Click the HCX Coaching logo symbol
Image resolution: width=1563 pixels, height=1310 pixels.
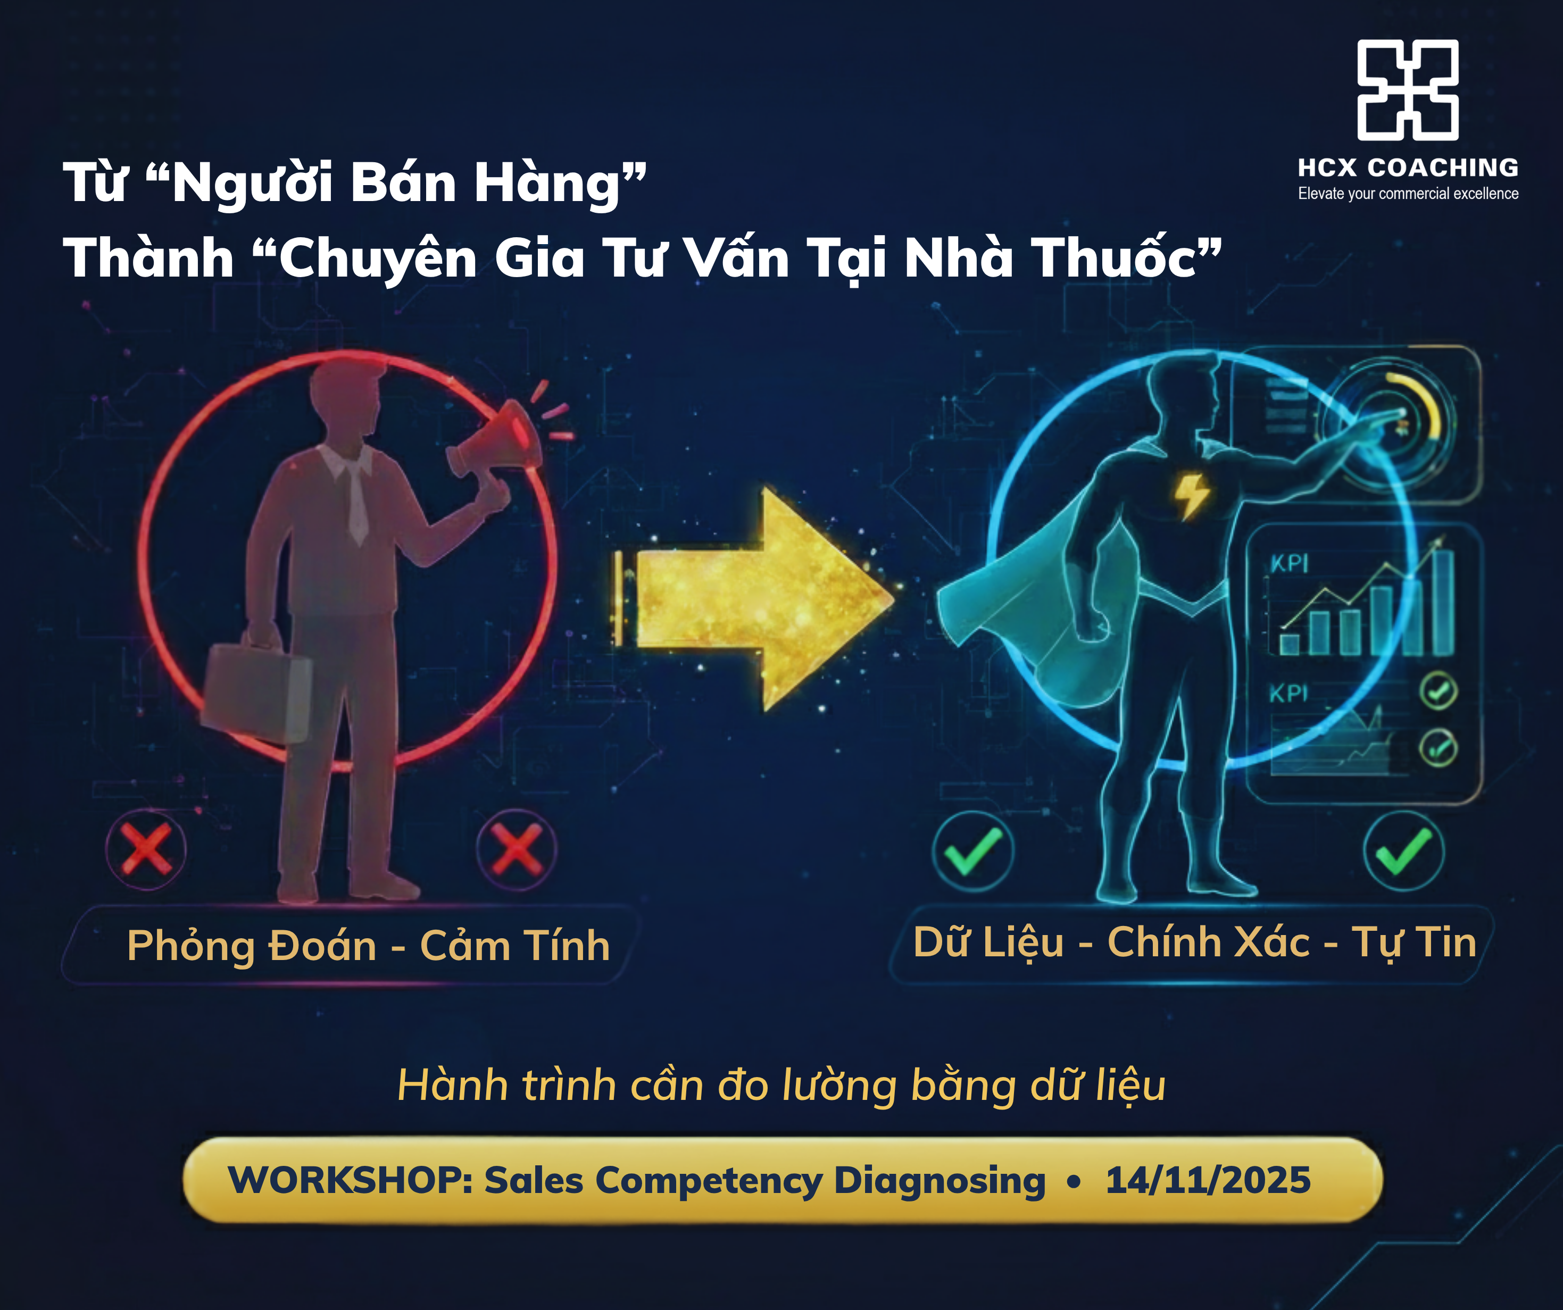(x=1408, y=89)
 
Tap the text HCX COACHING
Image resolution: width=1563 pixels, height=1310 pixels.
(x=1408, y=168)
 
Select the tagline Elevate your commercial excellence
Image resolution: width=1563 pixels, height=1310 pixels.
(x=1408, y=194)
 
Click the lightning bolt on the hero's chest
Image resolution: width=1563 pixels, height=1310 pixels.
(x=1192, y=495)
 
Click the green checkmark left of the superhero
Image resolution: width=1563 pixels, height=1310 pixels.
(x=973, y=852)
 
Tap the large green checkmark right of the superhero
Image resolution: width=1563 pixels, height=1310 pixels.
(x=1404, y=852)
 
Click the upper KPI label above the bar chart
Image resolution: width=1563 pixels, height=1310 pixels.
(x=1289, y=563)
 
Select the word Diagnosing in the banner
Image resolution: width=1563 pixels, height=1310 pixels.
(x=940, y=1182)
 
